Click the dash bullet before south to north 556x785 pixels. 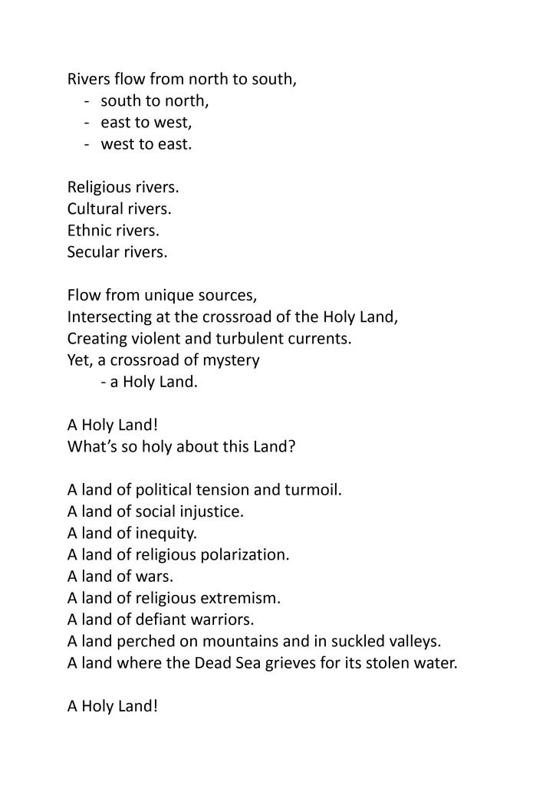point(90,100)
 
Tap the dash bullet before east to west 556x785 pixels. point(90,122)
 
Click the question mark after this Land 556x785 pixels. point(291,446)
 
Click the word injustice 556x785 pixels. point(212,511)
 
